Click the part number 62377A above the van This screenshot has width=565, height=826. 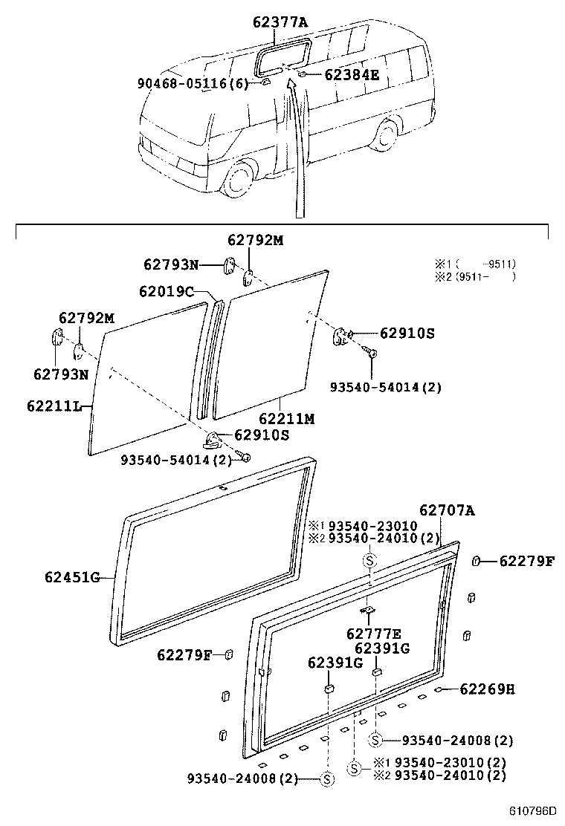pyautogui.click(x=280, y=22)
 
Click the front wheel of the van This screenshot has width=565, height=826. pyautogui.click(x=240, y=181)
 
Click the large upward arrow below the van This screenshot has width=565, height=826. pyautogui.click(x=298, y=149)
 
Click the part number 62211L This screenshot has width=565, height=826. pyautogui.click(x=56, y=406)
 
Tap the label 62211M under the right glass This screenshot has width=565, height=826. pyautogui.click(x=286, y=419)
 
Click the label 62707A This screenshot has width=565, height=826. pyautogui.click(x=447, y=510)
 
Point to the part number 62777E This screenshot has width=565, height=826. pyautogui.click(x=373, y=634)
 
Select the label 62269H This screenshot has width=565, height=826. pyautogui.click(x=487, y=689)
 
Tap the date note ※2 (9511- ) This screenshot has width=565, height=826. pyautogui.click(x=475, y=277)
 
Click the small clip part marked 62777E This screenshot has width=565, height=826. pyautogui.click(x=368, y=611)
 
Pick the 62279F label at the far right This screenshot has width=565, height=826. pyautogui.click(x=526, y=561)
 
